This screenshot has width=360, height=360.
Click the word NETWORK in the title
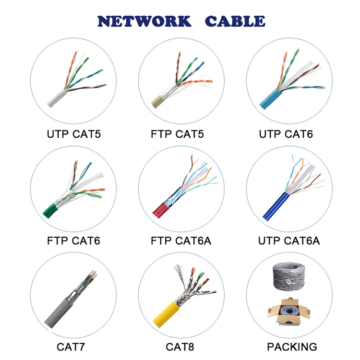coord(144,21)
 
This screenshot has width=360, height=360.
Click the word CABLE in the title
coord(235,21)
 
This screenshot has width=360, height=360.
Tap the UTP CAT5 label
coord(74,134)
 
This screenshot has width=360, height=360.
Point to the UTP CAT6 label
coord(286,134)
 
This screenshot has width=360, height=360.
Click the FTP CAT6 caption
coord(73,240)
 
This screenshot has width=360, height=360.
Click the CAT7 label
coord(73,347)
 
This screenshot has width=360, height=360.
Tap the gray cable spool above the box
coord(289,277)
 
